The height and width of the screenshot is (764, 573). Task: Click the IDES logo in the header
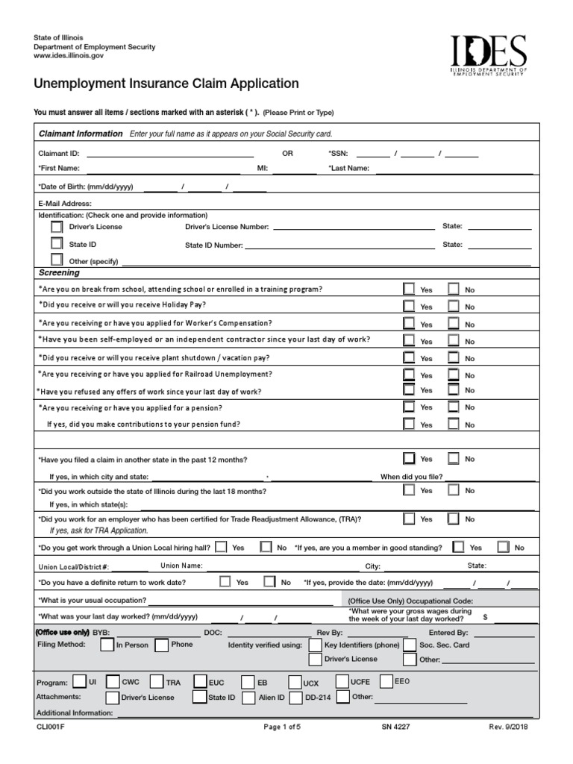pos(488,57)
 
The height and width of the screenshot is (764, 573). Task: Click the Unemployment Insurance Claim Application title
pos(166,84)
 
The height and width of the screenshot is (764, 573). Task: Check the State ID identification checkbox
pos(57,243)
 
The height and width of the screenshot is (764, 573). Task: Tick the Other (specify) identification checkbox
pos(57,261)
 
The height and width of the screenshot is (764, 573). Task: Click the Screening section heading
pos(59,273)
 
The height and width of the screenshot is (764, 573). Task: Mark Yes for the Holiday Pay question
pos(409,306)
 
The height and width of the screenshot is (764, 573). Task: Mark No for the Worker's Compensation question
pos(453,324)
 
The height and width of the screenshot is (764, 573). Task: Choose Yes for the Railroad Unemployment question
pos(409,375)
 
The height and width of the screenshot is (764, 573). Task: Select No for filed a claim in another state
pos(453,459)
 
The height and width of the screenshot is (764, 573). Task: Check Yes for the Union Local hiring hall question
pos(222,547)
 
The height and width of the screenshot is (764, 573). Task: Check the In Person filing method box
pos(104,645)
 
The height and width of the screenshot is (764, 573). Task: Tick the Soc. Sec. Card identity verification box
pos(410,645)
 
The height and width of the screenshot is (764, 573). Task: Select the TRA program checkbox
pos(156,681)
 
